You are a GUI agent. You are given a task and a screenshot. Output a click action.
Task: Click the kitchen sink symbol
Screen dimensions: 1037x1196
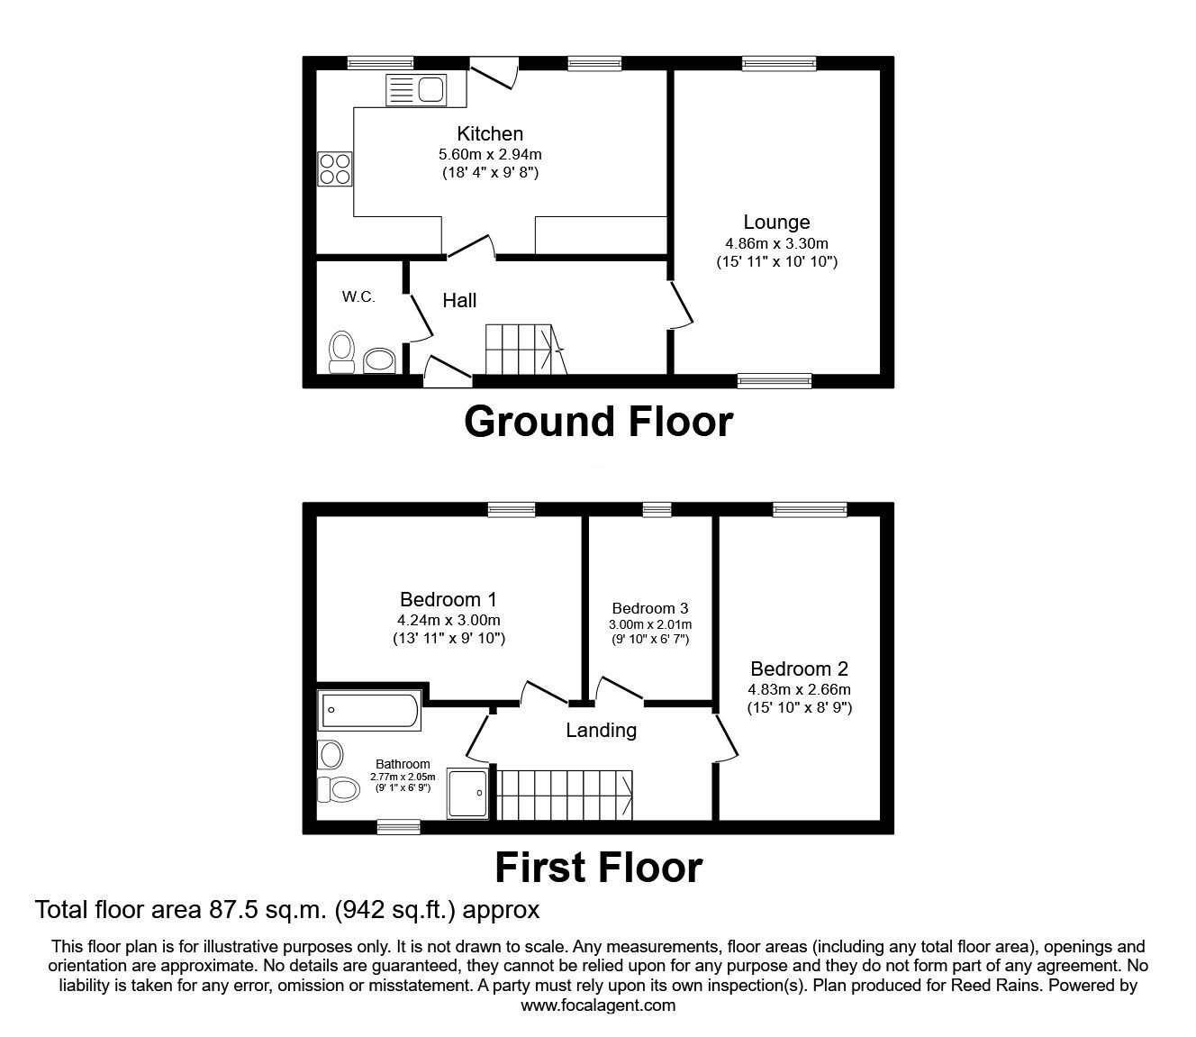point(416,90)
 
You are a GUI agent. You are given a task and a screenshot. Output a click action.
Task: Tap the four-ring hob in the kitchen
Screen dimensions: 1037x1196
point(334,168)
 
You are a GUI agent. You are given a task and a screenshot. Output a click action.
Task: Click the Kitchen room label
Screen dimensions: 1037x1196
point(489,133)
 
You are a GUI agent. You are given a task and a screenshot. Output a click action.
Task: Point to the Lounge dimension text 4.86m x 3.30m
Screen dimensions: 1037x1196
point(776,243)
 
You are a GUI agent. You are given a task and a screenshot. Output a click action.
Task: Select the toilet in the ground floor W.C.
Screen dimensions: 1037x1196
point(341,350)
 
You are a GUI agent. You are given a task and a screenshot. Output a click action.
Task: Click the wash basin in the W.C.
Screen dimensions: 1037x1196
point(379,360)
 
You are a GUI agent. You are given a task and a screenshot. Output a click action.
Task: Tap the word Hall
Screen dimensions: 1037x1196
point(459,301)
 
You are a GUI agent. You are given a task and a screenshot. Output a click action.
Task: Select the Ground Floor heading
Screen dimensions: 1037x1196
point(598,422)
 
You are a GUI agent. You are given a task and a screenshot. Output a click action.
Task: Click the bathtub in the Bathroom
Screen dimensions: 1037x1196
point(368,710)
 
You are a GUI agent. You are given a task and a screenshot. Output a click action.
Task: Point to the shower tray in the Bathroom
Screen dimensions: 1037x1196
point(468,793)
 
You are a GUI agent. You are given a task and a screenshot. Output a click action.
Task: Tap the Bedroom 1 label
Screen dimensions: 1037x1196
point(448,599)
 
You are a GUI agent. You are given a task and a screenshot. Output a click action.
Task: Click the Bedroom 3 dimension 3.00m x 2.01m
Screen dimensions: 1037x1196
point(650,624)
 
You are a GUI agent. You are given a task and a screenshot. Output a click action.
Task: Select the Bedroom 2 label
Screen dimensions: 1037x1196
point(799,669)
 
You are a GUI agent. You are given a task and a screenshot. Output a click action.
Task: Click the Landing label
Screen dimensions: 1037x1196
point(601,730)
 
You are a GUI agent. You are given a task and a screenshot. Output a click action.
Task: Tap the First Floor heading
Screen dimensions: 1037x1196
point(598,867)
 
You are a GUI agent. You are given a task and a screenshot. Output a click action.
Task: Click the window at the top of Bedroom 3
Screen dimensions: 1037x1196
point(657,510)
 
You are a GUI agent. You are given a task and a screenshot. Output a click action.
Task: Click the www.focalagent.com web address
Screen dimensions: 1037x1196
point(598,1005)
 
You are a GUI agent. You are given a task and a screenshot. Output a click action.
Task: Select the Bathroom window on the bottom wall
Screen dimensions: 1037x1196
point(398,825)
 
